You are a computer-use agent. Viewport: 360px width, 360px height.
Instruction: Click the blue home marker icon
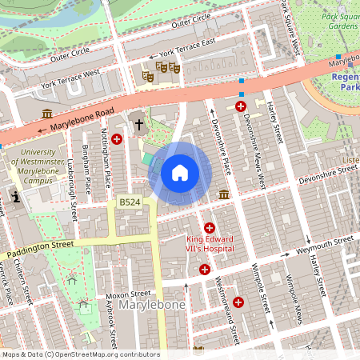[180, 172]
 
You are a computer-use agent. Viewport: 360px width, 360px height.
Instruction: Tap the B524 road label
[130, 204]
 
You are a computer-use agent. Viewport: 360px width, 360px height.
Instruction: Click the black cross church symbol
[139, 124]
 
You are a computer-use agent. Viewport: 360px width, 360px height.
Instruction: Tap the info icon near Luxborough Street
[14, 196]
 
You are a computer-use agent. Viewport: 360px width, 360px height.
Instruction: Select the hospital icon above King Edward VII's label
[210, 228]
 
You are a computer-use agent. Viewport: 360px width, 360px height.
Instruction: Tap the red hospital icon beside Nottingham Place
[117, 139]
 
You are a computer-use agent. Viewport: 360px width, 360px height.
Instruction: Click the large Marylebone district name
[152, 306]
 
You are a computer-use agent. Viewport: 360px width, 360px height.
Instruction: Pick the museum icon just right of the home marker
[225, 194]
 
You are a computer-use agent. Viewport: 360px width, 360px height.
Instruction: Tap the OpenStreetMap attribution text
[80, 354]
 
